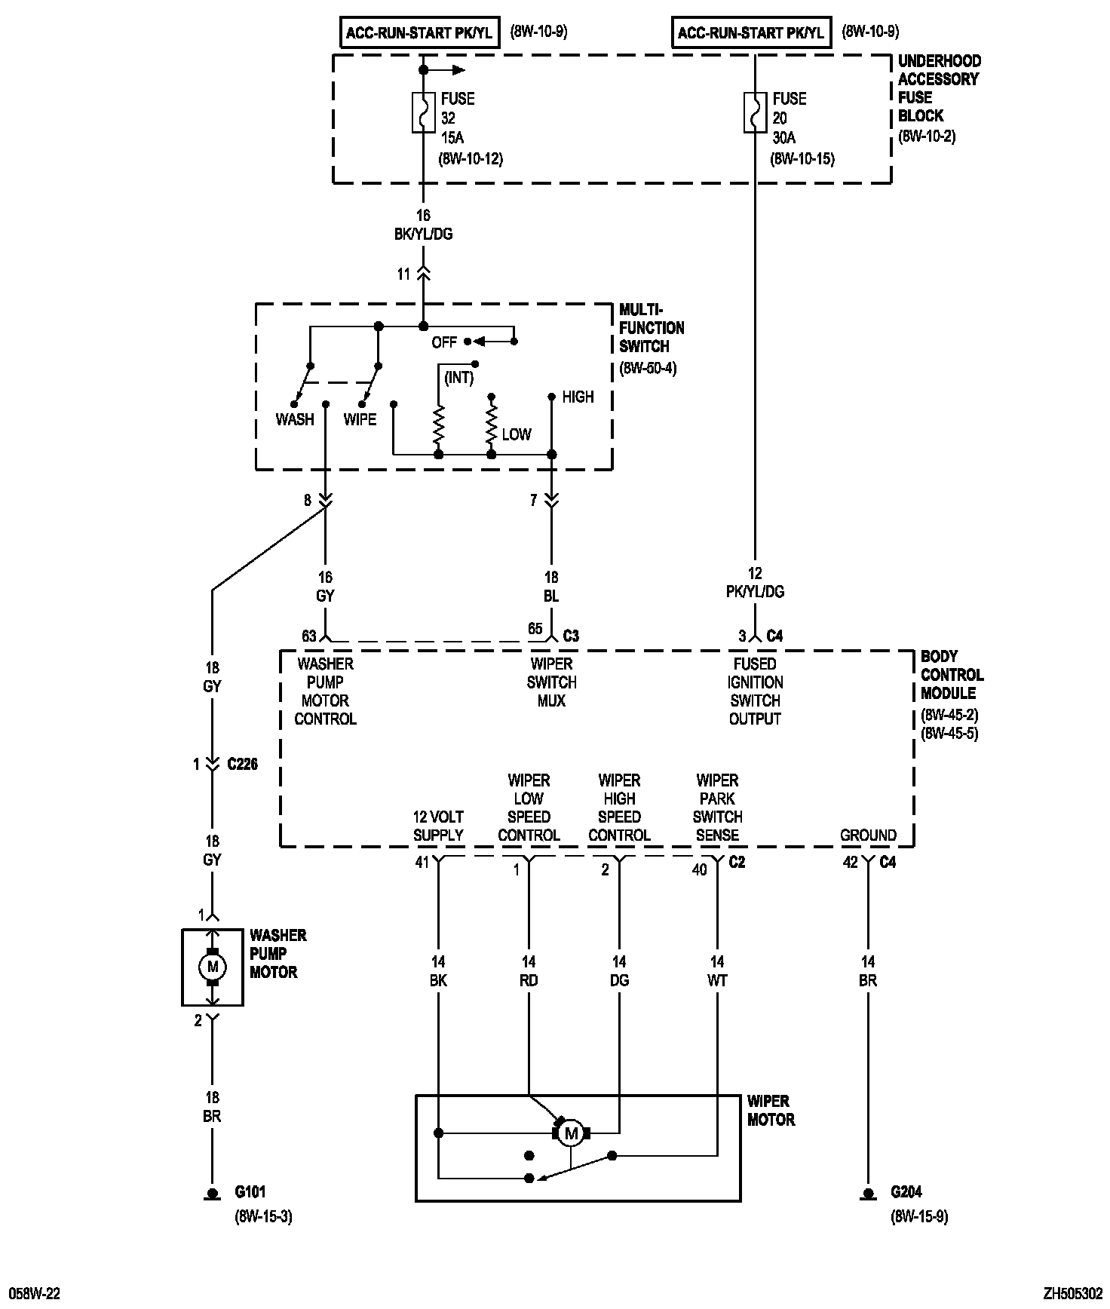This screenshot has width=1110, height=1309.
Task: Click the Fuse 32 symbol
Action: click(423, 112)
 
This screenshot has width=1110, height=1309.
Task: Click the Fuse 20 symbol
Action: click(755, 112)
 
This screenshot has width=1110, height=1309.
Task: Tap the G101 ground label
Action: click(250, 1192)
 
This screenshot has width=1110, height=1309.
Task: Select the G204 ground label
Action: click(906, 1192)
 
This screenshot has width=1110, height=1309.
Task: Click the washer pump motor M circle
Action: click(212, 967)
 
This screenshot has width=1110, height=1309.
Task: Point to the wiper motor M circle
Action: click(571, 1133)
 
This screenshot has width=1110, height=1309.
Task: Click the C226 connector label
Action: click(242, 765)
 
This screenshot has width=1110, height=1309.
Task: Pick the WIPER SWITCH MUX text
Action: click(551, 682)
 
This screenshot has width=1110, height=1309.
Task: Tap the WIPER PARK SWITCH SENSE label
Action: click(717, 808)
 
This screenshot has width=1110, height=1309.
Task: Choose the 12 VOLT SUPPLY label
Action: click(438, 826)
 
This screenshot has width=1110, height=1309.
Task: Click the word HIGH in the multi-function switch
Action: click(578, 397)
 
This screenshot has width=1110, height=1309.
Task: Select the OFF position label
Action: click(444, 342)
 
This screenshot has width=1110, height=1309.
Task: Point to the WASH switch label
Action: click(295, 419)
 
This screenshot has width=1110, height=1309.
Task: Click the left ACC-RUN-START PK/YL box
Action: click(419, 33)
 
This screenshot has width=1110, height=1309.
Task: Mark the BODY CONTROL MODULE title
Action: click(952, 675)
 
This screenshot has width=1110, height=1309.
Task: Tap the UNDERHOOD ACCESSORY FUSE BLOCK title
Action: click(939, 88)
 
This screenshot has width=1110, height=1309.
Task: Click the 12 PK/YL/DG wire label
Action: click(755, 583)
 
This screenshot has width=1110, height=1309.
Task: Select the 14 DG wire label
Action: click(619, 971)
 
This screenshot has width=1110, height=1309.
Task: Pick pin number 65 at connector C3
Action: click(535, 629)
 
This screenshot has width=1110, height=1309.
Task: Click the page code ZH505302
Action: click(1073, 1294)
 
